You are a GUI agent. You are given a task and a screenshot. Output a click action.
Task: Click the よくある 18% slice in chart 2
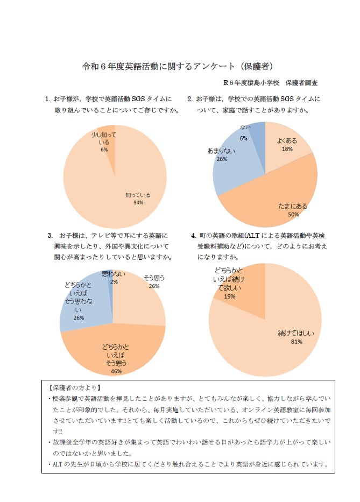click(286, 145)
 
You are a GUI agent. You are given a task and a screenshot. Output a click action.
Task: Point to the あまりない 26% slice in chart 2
click(229, 161)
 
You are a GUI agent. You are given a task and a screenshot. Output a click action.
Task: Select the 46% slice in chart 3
click(114, 352)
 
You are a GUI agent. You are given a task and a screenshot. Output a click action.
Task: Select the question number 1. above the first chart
click(48, 99)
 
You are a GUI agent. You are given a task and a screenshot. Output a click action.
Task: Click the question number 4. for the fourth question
click(194, 236)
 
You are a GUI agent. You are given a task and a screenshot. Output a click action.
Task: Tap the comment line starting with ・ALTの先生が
click(188, 464)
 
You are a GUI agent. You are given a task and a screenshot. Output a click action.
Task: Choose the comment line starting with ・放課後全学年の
click(188, 442)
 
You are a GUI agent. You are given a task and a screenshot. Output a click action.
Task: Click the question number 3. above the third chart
click(50, 236)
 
